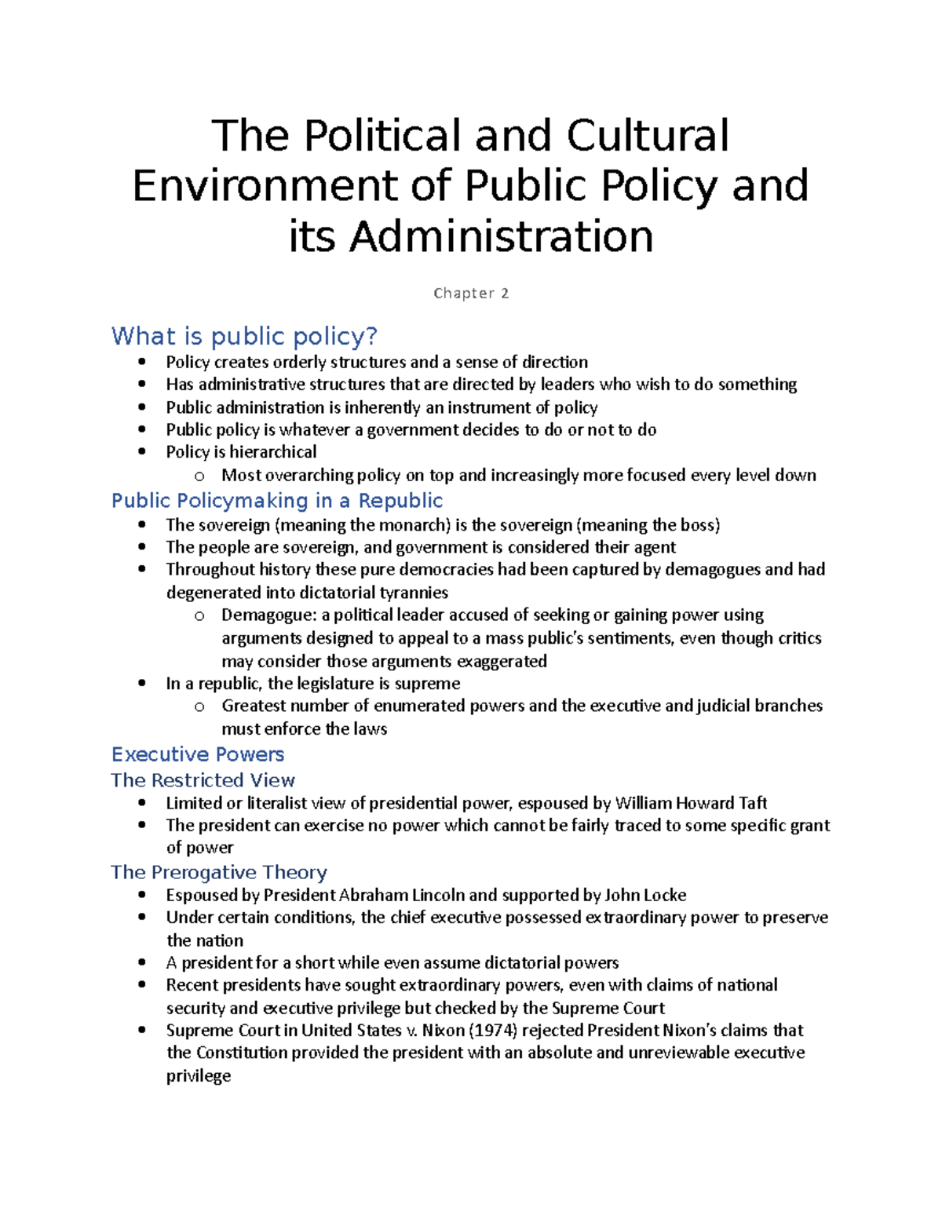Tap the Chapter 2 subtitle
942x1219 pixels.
coord(471,294)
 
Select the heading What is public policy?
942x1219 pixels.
coord(244,337)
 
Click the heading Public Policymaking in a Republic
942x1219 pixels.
coord(277,501)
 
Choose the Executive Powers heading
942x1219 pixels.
coord(198,754)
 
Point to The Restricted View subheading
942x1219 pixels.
coord(203,780)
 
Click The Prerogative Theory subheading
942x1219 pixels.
coord(219,872)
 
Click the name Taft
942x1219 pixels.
coord(752,803)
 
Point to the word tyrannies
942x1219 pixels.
coord(414,593)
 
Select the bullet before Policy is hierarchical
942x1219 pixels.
coord(141,451)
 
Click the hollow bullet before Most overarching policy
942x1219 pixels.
coord(199,476)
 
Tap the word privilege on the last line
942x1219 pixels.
coord(199,1076)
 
